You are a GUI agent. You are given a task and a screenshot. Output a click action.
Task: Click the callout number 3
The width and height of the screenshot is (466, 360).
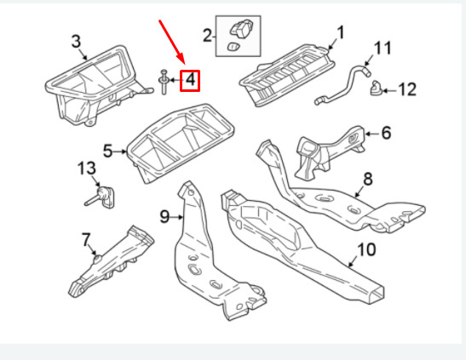(x=76, y=41)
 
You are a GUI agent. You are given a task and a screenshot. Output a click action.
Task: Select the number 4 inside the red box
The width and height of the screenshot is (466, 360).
(x=190, y=80)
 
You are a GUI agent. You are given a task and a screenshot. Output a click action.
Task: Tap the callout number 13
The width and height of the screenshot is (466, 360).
(x=87, y=169)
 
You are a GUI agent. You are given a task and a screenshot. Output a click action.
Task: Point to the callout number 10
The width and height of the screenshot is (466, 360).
(x=366, y=249)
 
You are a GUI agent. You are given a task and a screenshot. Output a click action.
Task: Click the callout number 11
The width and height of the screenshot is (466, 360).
(x=383, y=48)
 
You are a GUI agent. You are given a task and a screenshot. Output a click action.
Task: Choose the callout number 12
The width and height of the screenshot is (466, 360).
(x=407, y=89)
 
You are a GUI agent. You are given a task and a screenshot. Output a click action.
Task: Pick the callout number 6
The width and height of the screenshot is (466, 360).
(x=386, y=133)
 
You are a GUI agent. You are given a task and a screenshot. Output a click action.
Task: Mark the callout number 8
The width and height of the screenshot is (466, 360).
(x=368, y=179)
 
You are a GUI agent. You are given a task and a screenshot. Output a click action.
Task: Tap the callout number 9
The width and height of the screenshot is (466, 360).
(x=164, y=217)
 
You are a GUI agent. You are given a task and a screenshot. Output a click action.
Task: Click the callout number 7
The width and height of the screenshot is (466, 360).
(x=86, y=240)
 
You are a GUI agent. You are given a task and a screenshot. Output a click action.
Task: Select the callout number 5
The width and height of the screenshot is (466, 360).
(x=108, y=151)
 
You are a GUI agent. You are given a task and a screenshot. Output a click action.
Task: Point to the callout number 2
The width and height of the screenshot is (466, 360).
(x=207, y=36)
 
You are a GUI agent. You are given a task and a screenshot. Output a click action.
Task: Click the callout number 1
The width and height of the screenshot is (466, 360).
(x=341, y=32)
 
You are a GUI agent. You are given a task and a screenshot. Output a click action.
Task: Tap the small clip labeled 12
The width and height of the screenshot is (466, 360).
(x=376, y=89)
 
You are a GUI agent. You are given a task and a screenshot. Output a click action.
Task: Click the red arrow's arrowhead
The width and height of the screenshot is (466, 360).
(x=181, y=60)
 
